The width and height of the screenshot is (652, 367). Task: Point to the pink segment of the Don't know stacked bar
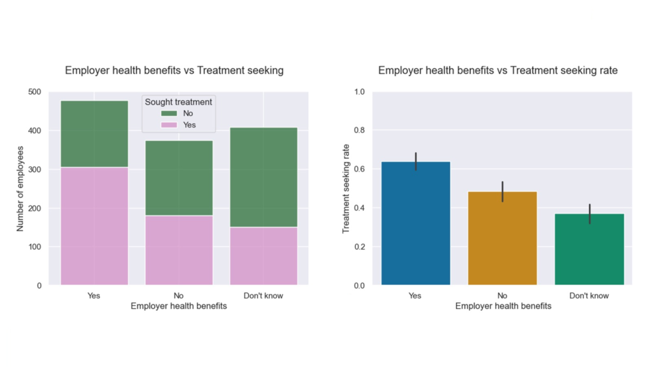(264, 255)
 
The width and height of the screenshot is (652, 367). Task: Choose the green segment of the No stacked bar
(179, 178)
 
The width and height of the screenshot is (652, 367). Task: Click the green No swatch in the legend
(169, 113)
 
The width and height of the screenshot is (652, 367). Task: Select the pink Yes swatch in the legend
(169, 125)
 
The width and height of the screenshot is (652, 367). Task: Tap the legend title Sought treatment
(178, 101)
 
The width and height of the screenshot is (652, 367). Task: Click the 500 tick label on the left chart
(34, 92)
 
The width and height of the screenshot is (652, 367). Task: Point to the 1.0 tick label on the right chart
(359, 92)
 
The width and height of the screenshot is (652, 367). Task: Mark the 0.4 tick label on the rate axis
(359, 208)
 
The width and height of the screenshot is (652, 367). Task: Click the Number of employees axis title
(20, 188)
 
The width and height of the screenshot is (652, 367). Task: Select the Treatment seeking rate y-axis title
(346, 188)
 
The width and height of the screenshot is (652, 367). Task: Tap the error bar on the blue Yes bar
(416, 161)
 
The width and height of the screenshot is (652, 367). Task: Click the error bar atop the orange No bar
(502, 191)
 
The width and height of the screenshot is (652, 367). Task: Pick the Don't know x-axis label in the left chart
(264, 296)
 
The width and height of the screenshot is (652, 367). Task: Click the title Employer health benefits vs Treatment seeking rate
(497, 71)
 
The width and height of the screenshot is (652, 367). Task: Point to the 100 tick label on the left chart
(34, 247)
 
